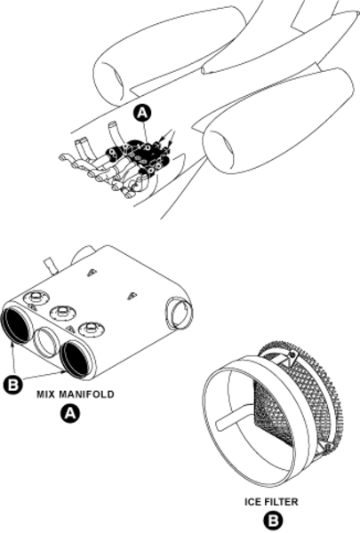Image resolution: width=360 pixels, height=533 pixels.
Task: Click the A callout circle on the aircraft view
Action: [143, 113]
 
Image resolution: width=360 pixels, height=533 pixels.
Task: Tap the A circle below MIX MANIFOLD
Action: [69, 413]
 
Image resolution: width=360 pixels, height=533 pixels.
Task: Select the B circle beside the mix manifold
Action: [13, 385]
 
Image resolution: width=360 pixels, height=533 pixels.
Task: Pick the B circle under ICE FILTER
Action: [272, 521]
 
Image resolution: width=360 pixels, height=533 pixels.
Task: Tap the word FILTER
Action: [282, 502]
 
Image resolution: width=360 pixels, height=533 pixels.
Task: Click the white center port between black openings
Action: [47, 342]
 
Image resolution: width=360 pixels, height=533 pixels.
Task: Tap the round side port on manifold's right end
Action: [178, 313]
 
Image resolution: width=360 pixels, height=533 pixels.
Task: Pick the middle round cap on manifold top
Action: [62, 312]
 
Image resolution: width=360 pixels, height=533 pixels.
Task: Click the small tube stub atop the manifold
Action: [50, 266]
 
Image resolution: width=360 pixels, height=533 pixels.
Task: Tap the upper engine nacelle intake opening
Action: [110, 82]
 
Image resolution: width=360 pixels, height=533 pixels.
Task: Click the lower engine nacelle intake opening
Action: [219, 150]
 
